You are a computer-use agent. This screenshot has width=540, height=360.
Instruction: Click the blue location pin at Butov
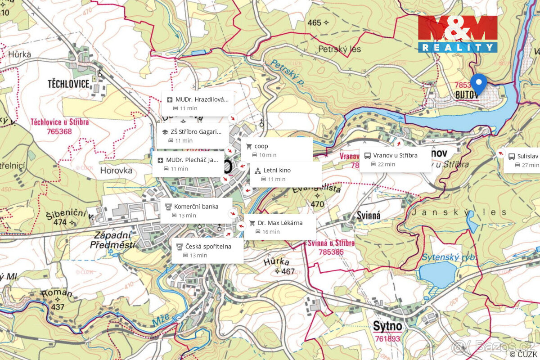[478, 83]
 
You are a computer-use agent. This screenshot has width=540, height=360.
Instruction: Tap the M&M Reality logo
[457, 34]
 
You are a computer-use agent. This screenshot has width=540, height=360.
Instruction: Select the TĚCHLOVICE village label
[69, 84]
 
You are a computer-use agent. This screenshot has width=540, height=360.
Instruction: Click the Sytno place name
[387, 326]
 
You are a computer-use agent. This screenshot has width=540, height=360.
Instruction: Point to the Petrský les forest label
[339, 49]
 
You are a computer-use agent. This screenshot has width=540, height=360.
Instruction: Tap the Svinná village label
[369, 216]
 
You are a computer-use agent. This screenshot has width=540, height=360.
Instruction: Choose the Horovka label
[116, 171]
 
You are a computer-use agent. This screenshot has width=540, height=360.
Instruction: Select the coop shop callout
[277, 150]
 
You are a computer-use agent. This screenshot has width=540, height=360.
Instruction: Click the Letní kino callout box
[285, 174]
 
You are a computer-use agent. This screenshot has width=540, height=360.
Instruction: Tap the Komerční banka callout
[196, 211]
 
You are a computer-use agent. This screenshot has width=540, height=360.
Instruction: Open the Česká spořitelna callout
[207, 251]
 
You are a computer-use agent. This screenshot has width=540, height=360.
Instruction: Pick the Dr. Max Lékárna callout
[279, 227]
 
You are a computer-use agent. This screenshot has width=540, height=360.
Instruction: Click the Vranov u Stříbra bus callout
[395, 159]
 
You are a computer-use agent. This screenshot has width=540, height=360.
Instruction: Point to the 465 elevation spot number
[315, 22]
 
